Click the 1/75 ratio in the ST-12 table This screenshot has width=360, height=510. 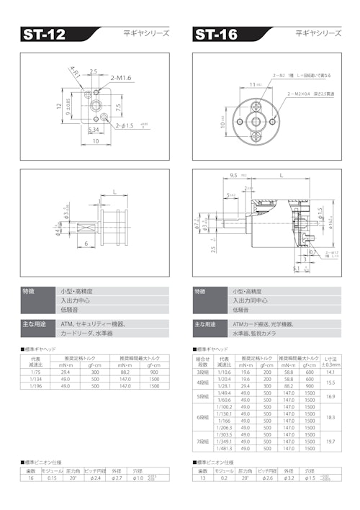pyautogui.click(x=35, y=372)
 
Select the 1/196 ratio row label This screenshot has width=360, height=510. pyautogui.click(x=35, y=386)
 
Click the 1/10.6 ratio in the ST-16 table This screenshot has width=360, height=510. pyautogui.click(x=224, y=372)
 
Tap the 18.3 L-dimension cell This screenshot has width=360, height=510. pyautogui.click(x=330, y=416)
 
